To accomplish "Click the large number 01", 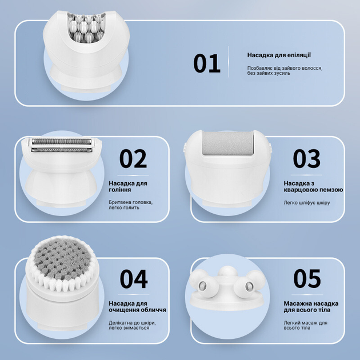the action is pos(207,63).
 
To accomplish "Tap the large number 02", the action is pos(133,158).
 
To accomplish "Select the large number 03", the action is pos(306,158).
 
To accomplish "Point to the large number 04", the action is pos(134,279).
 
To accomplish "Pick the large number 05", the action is pos(307,278).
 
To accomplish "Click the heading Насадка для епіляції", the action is pos(279,55).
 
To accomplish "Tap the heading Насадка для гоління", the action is pos(128,186).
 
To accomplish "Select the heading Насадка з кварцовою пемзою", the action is pos(313,186).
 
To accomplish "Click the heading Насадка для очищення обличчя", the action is pos(137,306).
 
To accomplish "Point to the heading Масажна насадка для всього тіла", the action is pos(311,306).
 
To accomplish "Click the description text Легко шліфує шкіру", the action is pos(307,203).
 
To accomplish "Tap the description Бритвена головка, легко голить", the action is pos(131,205).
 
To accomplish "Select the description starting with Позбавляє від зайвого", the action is pos(285,70).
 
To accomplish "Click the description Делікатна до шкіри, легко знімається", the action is pos(132,325).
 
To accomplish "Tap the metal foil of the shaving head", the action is pos(62,146).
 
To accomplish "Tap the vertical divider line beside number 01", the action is pos(229,62).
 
